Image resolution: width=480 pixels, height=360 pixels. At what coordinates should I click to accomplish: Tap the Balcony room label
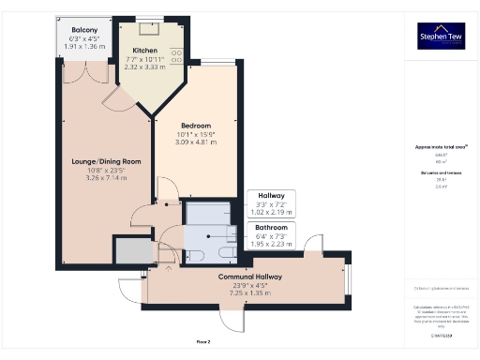tap(85, 30)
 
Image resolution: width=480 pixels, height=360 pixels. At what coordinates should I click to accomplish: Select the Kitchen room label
tap(145, 50)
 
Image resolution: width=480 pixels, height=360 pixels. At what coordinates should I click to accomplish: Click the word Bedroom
tap(197, 126)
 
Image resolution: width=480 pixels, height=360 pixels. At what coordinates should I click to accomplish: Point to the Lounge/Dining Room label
tap(106, 161)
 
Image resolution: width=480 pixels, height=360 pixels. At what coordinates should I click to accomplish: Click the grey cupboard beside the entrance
tap(132, 250)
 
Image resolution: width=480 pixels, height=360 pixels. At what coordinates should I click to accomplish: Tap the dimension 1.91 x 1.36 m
tap(85, 46)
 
